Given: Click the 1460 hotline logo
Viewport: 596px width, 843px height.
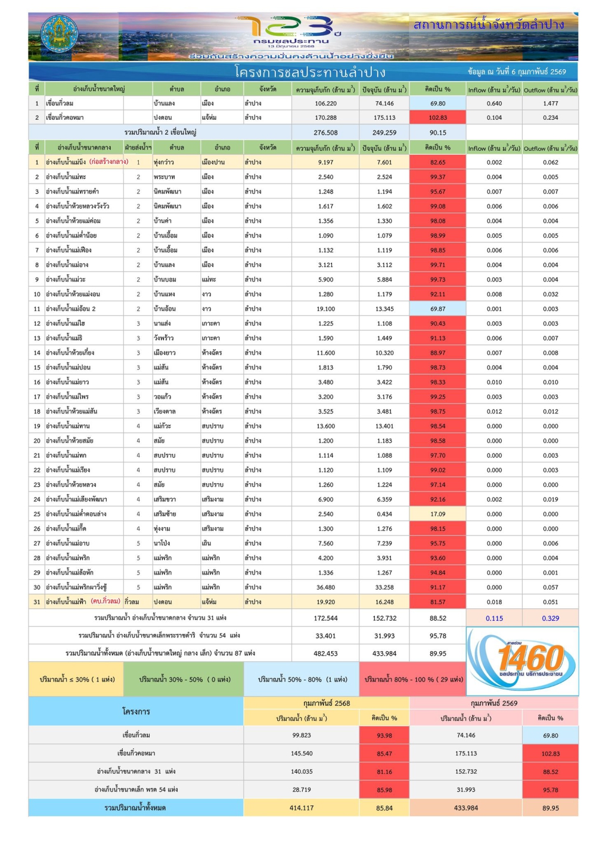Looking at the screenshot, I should tap(522, 661).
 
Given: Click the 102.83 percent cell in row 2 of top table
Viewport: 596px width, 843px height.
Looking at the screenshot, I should tap(437, 118).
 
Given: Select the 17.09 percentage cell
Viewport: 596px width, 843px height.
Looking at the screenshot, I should tap(437, 514).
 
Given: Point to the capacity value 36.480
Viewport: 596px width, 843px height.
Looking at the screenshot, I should tap(325, 587).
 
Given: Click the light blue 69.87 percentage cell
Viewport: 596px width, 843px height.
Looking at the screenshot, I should tap(437, 309).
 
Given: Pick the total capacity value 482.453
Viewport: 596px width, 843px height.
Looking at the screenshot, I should tap(325, 654).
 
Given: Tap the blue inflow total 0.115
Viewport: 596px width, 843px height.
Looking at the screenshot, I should tap(494, 618).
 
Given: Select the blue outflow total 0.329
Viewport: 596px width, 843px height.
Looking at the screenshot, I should tap(550, 618).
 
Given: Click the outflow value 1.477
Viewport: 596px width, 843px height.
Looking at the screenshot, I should tap(550, 104).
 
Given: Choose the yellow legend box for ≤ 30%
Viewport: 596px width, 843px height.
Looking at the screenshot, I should tap(76, 679).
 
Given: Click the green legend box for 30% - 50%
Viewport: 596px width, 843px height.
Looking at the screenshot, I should tap(184, 679).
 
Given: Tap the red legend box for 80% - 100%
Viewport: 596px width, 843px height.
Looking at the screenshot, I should tap(414, 679).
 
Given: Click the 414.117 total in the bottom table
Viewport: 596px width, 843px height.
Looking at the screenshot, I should tap(302, 808).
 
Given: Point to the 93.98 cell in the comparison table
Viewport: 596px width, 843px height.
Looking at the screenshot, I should tap(384, 736).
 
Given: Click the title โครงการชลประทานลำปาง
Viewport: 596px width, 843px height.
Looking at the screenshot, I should tap(310, 73).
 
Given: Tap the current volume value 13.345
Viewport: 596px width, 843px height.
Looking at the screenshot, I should tap(384, 309).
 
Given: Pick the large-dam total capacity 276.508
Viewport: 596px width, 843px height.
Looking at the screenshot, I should tap(325, 133).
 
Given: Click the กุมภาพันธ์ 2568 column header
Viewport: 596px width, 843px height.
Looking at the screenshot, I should tap(327, 704).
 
